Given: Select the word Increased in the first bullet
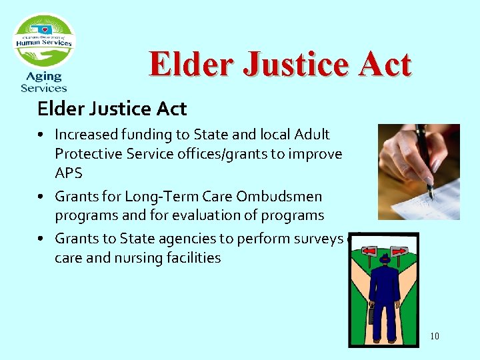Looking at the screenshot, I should [84, 135].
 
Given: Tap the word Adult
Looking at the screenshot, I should [311, 135].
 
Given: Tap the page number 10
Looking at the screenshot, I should [434, 336].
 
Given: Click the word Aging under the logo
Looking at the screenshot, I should [44, 77].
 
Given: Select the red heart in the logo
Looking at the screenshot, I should [45, 30].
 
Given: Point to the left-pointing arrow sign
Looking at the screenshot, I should [369, 251].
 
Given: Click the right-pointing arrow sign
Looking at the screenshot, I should [399, 251].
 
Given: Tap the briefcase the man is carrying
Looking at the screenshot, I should [371, 314].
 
